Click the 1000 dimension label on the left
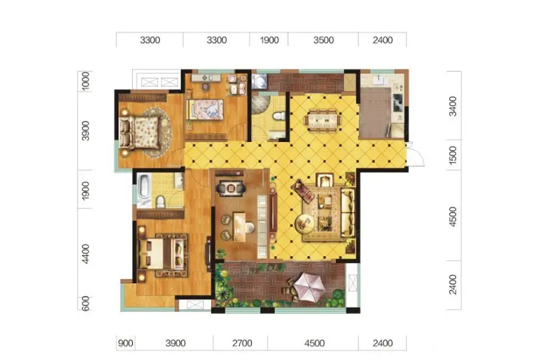[86, 81]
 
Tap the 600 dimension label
[86, 304]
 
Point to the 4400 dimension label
[86, 254]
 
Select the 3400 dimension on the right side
[453, 106]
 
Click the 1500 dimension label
[453, 155]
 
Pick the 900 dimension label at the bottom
[125, 343]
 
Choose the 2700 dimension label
[242, 343]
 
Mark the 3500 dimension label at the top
[323, 40]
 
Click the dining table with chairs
[323, 120]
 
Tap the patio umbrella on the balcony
[308, 287]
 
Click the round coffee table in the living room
[304, 223]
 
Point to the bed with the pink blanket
[205, 110]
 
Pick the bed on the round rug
[139, 132]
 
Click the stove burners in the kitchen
[397, 103]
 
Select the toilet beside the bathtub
[161, 202]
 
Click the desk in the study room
[241, 226]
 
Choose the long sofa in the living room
[347, 212]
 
